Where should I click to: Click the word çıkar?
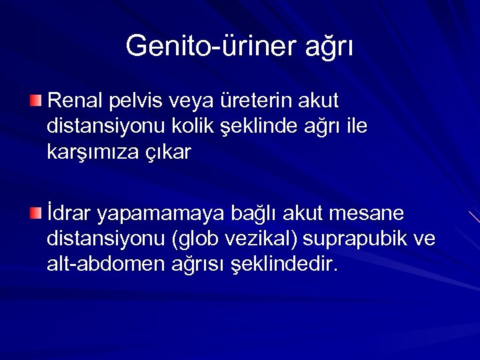173,153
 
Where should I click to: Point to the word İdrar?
69,213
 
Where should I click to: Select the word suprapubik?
357,239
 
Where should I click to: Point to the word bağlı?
255,215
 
